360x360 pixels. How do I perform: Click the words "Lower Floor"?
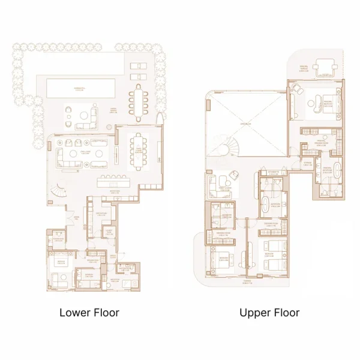pos(89,313)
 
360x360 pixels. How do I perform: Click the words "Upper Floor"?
pos(269,313)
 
